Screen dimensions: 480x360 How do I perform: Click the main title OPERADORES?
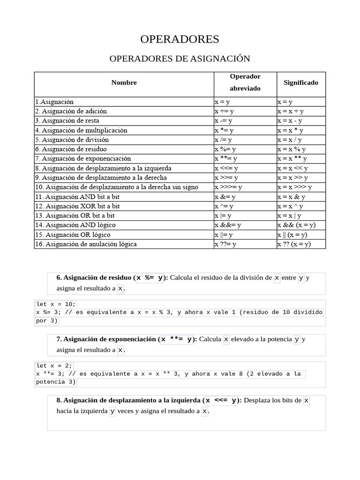[180, 39]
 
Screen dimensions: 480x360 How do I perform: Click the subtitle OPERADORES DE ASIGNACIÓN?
[180, 59]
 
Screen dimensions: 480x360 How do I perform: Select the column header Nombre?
[124, 82]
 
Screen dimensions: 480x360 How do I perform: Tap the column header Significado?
[300, 82]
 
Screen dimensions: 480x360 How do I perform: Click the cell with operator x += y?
[224, 111]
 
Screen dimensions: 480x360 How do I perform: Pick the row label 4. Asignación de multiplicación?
[81, 130]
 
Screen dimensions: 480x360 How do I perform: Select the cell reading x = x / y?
[289, 140]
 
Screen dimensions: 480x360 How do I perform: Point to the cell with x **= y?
[225, 158]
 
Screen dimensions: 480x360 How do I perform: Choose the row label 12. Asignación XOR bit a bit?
[77, 206]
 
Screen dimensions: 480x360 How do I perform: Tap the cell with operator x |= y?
[224, 216]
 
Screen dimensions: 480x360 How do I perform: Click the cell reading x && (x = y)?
[296, 225]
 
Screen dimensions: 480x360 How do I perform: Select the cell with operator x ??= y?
[225, 244]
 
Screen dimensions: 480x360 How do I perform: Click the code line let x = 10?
[56, 304]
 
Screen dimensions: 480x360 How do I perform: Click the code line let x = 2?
[54, 365]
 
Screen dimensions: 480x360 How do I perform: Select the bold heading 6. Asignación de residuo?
[95, 277]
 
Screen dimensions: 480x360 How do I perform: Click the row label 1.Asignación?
[54, 102]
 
